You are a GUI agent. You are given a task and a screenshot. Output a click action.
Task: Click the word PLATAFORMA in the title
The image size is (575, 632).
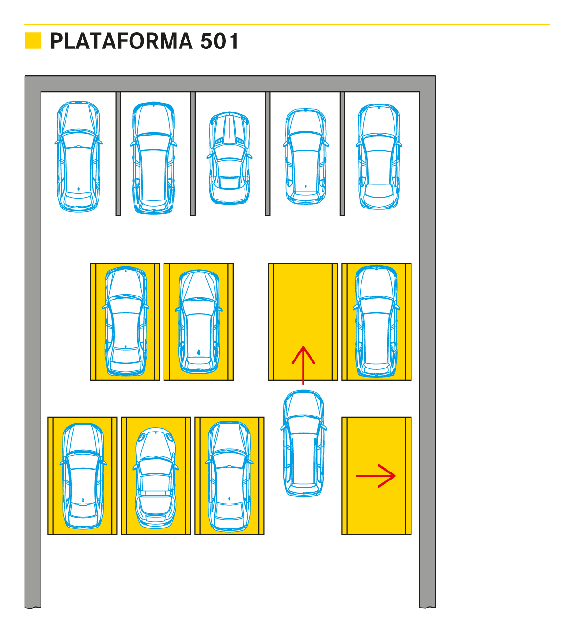point(121,41)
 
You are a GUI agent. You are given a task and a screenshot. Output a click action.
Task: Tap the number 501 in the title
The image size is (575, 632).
point(220,41)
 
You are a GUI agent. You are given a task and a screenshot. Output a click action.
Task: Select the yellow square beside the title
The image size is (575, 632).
point(33,41)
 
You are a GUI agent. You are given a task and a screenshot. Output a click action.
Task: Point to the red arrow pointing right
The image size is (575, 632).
point(376,476)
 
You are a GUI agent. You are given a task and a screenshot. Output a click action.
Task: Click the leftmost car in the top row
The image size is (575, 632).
point(78,156)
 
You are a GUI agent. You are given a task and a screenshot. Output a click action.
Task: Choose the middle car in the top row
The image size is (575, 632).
point(230,158)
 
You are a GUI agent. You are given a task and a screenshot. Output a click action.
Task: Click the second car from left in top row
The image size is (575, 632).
point(154,158)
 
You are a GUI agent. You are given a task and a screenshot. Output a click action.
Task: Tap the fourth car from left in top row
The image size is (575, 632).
point(305,156)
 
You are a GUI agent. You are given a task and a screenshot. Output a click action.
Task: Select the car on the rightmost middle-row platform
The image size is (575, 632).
point(376,321)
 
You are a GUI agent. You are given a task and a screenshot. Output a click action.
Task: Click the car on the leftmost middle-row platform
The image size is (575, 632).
point(125,321)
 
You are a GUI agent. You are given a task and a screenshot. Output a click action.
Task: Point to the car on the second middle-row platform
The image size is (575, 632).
point(199,321)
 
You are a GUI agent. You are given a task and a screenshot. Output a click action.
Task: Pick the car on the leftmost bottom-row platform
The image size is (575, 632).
point(83,476)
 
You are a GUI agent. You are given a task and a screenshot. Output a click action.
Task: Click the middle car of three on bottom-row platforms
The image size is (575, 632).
point(156,477)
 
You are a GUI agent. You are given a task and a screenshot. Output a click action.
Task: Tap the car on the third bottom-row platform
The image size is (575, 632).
point(230,476)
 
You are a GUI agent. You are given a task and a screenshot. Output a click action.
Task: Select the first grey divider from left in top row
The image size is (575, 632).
point(118,153)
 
